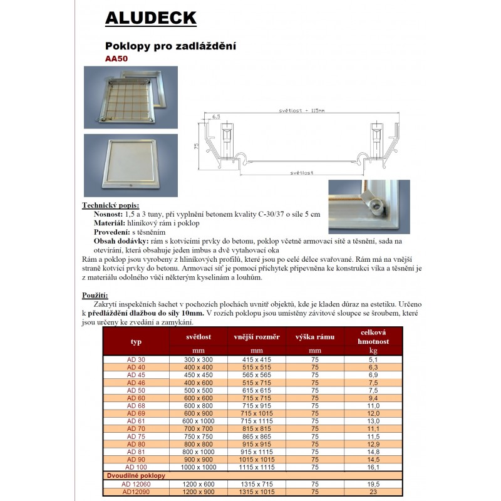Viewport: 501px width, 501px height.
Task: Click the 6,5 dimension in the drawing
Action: pos(217,116)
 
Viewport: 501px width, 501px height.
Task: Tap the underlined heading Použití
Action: pos(96,294)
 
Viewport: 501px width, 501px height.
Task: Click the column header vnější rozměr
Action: pos(257,337)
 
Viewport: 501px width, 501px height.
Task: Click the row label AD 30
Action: pos(136,359)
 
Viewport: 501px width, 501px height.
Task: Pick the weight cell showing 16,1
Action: pos(374,467)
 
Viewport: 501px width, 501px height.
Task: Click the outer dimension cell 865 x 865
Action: pos(257,436)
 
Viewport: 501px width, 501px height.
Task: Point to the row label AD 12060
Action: pos(136,485)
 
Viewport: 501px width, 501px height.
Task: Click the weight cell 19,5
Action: pos(374,485)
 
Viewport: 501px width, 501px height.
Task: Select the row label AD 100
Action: pos(136,467)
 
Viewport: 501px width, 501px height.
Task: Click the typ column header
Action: pos(136,342)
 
